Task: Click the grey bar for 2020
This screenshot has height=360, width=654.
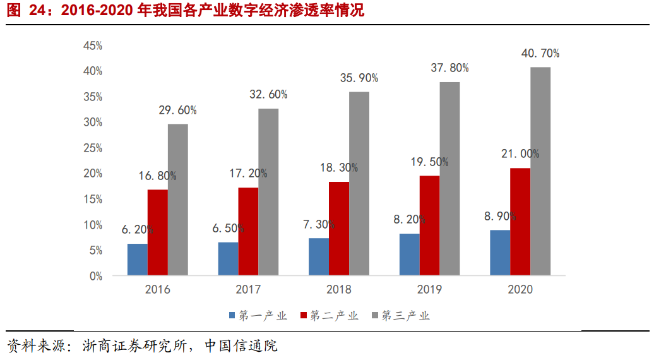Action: [x=540, y=171]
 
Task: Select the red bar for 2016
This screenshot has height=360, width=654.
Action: [x=158, y=232]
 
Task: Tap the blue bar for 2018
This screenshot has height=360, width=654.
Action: [x=319, y=256]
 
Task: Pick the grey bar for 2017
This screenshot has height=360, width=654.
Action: [x=268, y=192]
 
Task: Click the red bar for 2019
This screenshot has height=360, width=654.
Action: [x=430, y=225]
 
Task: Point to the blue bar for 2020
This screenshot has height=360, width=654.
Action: [x=500, y=253]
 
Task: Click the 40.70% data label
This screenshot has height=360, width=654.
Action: [x=540, y=54]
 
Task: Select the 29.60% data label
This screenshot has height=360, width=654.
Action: [x=177, y=110]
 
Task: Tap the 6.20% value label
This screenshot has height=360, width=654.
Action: [x=138, y=230]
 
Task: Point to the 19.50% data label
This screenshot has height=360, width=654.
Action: [x=429, y=162]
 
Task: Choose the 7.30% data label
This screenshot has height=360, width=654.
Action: [x=319, y=224]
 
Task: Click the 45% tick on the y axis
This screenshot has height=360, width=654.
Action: [x=93, y=46]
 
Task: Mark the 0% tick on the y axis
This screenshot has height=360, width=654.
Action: [x=95, y=276]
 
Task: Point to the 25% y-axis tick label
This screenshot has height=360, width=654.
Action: [x=93, y=148]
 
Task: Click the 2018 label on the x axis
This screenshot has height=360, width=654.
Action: [x=339, y=290]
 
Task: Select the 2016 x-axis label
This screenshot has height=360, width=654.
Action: [x=158, y=290]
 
